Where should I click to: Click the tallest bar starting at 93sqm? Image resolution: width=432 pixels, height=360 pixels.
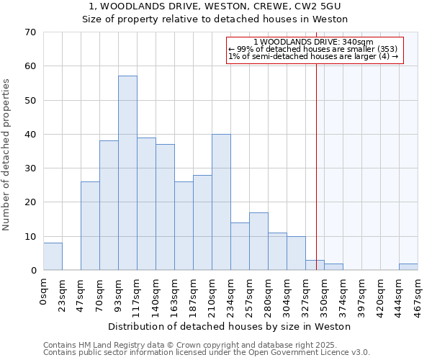point(127,173)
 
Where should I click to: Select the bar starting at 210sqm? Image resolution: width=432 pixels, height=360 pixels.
point(221,202)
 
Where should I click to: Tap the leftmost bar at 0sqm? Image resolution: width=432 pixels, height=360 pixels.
point(53,256)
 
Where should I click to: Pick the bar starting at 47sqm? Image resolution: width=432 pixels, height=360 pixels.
point(90,225)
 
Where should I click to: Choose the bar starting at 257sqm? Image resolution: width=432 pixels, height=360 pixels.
point(258,241)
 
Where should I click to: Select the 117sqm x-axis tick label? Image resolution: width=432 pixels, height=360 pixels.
point(137,293)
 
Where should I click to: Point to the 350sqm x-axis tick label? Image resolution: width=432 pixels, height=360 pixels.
point(324,293)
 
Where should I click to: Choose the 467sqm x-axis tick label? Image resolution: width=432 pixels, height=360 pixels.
point(418,293)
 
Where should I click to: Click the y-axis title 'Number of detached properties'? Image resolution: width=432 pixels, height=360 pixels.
point(6,155)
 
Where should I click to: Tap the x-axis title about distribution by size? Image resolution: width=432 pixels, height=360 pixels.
point(230,326)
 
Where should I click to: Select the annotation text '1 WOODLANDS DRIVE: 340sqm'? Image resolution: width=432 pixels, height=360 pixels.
point(313,42)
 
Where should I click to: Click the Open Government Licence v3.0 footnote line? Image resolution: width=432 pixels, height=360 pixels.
point(207,352)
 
